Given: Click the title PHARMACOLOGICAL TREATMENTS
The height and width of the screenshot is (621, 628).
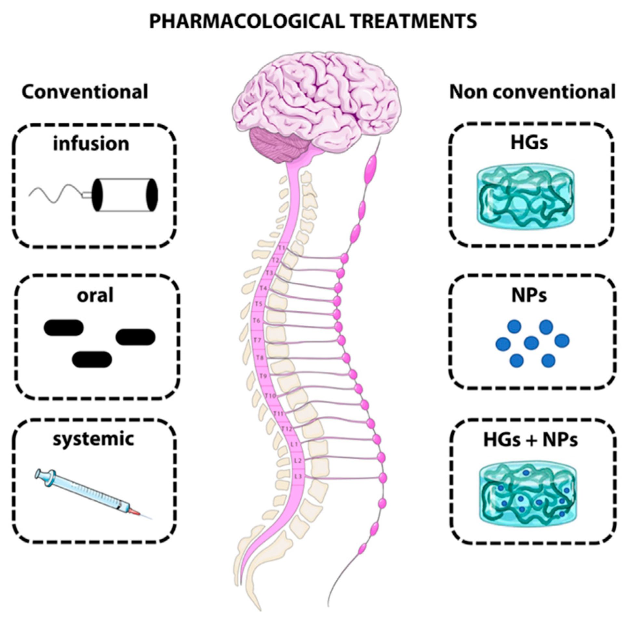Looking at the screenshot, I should tap(313, 22).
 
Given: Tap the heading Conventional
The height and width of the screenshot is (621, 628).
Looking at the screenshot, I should tap(85, 92).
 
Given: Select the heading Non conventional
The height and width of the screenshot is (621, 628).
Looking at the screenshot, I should tap(532, 92).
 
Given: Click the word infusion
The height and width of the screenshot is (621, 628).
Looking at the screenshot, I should tap(91, 144).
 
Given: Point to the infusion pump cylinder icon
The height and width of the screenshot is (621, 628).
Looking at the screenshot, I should tap(125, 195).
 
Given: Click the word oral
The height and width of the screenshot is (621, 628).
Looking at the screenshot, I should tap(95, 295).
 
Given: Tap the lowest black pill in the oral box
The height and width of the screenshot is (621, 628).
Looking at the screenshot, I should tap(92, 359).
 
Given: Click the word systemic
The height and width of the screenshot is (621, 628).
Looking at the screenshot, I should tap(94, 439).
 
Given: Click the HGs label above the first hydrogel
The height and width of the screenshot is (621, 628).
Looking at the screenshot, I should tap(529, 143).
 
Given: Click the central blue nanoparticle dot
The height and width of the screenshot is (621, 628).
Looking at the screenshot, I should tap(531, 342).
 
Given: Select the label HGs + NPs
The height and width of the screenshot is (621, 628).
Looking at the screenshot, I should tap(530, 440).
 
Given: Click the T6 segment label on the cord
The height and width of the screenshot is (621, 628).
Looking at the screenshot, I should tap(257, 321).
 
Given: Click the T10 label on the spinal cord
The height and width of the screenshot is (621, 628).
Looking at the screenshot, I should tap(270, 396).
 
